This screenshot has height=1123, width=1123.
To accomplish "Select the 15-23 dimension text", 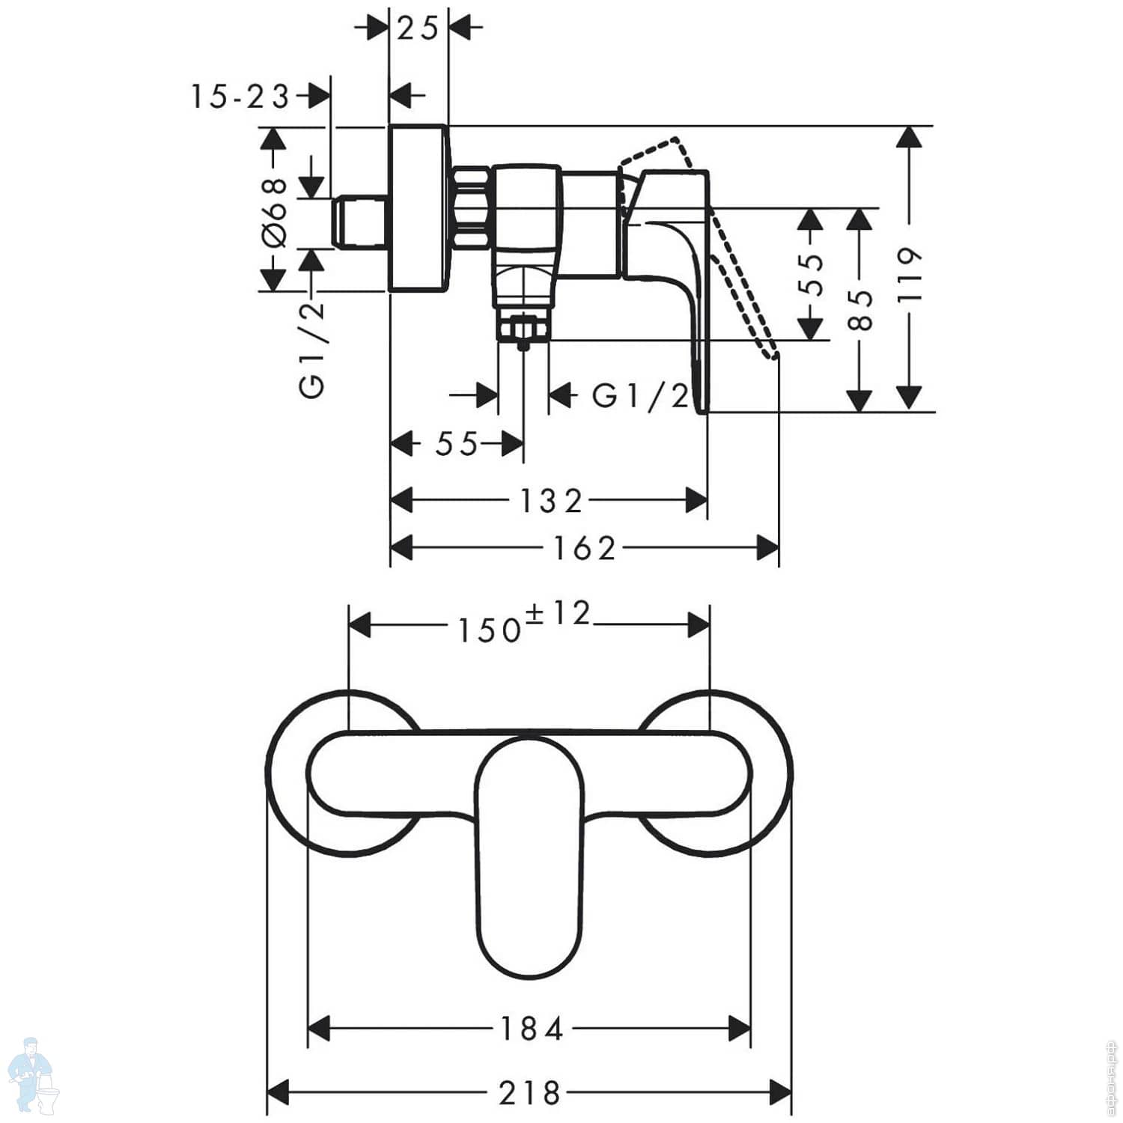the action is (x=240, y=97).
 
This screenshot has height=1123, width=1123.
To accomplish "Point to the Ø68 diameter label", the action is (x=275, y=212).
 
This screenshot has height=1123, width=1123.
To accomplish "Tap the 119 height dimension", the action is (x=909, y=274).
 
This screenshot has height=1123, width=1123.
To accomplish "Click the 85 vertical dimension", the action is (x=861, y=309).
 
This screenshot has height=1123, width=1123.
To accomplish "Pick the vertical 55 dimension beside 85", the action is (x=811, y=274).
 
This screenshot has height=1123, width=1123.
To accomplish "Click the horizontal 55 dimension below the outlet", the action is (x=457, y=444).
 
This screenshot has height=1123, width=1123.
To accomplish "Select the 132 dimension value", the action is (x=551, y=501).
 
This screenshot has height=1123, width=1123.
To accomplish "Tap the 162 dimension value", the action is (x=585, y=548).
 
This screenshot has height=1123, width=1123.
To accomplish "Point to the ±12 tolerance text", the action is (x=559, y=613).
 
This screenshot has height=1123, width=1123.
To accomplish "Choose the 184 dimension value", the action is (x=531, y=1029).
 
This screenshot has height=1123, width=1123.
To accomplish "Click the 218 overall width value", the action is (x=529, y=1093).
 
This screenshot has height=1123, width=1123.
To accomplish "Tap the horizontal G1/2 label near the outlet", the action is (x=640, y=396).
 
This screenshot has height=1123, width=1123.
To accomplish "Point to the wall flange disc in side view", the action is (x=419, y=207).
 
